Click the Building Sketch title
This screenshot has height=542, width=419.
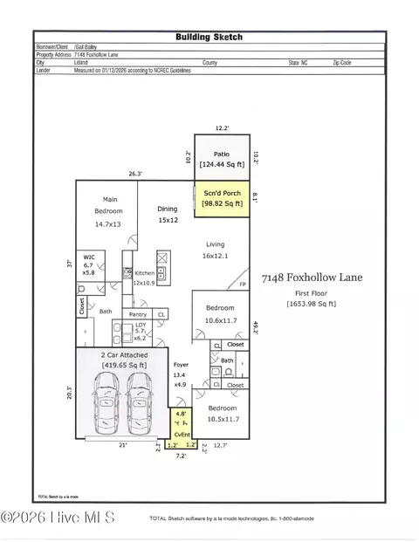click(209, 38)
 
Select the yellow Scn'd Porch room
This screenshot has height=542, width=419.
click(221, 198)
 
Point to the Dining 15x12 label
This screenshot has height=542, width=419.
click(168, 215)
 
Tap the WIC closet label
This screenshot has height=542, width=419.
click(90, 264)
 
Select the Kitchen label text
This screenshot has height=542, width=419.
click(144, 273)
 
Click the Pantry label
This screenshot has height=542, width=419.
click(138, 314)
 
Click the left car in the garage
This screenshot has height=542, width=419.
click(106, 403)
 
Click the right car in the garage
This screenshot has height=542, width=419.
click(143, 403)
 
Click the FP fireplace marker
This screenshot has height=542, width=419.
click(243, 285)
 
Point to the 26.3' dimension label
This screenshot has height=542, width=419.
click(134, 173)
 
